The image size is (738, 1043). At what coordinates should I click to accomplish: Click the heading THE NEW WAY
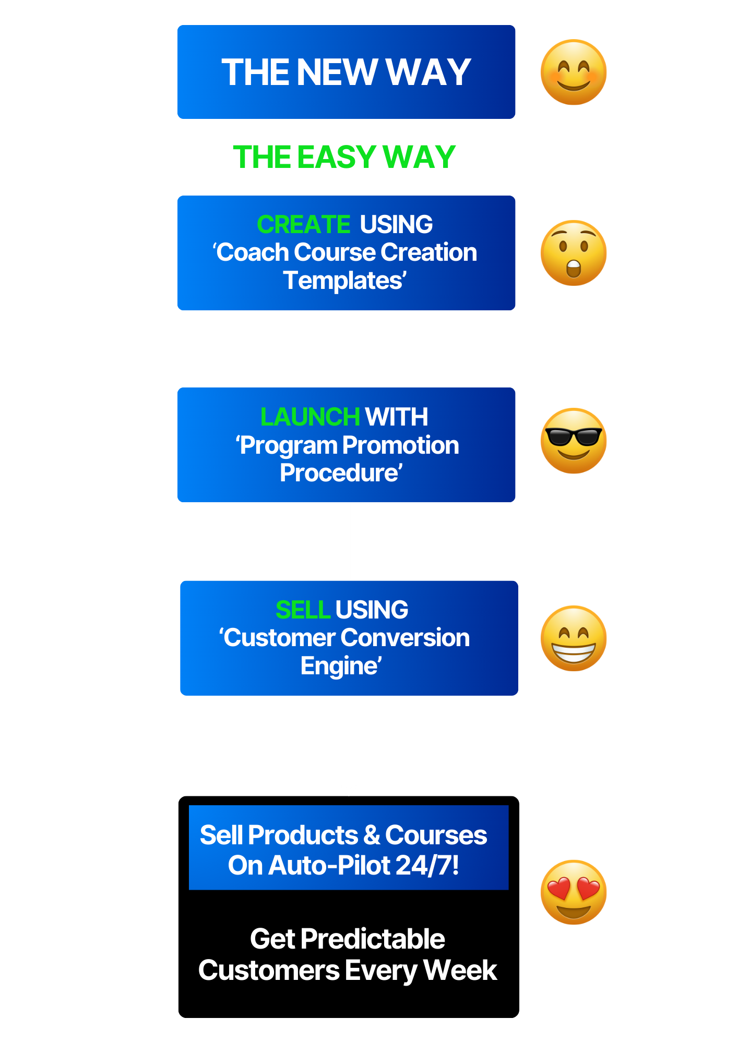(346, 72)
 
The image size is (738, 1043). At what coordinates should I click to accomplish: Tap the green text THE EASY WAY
(344, 157)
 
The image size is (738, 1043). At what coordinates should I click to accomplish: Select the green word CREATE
(303, 225)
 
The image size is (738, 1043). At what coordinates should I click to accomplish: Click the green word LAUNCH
(310, 417)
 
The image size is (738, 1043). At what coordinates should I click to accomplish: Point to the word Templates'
(344, 281)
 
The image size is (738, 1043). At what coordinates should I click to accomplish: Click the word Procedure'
(341, 473)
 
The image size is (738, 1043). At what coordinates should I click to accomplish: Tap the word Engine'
(341, 666)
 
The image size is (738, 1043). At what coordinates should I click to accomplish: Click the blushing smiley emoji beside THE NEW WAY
(573, 72)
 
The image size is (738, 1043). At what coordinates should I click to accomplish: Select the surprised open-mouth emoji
(573, 253)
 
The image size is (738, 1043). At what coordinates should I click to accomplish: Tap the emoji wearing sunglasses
(573, 441)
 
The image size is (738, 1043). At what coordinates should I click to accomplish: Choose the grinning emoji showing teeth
(573, 638)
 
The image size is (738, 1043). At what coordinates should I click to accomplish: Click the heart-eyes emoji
(573, 892)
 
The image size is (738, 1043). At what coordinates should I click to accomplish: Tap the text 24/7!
(427, 865)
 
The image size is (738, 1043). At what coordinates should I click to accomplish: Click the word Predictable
(373, 939)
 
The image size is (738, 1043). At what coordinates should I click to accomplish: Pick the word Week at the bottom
(460, 971)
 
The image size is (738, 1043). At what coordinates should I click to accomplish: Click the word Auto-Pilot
(330, 865)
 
